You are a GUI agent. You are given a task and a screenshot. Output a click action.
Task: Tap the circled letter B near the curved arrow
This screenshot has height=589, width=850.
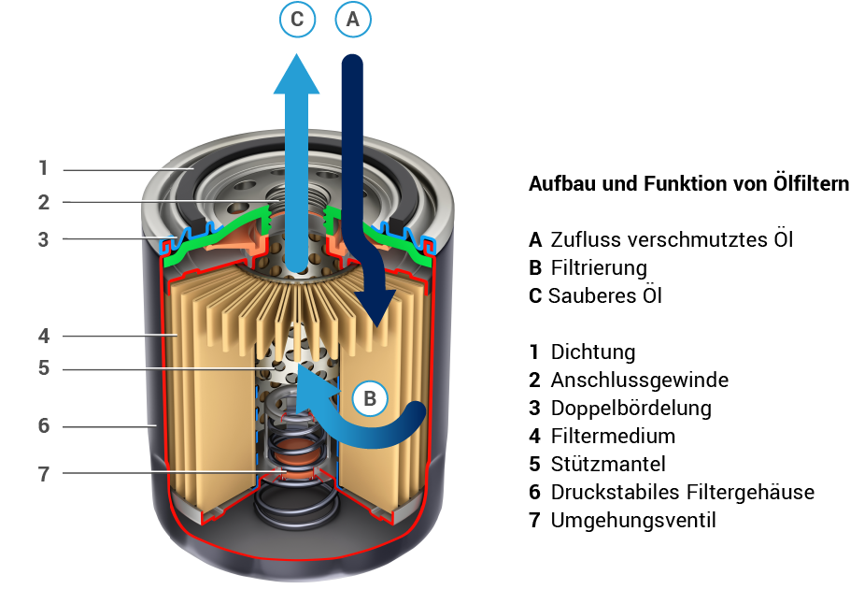tap(370, 399)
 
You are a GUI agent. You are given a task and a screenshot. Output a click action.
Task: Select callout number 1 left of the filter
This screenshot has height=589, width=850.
tap(43, 169)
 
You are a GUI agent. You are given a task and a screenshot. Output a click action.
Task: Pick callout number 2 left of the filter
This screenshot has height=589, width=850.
tap(43, 202)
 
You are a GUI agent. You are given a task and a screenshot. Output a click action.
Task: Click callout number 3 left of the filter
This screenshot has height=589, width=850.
tap(43, 239)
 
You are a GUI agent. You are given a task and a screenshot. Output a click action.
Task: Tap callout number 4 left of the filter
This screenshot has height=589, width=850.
tap(43, 335)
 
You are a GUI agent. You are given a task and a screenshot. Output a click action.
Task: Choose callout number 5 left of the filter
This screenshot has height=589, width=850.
tap(43, 368)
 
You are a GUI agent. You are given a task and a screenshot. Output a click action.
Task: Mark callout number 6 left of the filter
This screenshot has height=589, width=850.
tap(43, 426)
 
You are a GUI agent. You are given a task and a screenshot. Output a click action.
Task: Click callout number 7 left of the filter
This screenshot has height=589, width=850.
tap(43, 473)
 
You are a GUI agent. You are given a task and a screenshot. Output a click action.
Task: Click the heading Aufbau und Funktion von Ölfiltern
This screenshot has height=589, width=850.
tap(688, 184)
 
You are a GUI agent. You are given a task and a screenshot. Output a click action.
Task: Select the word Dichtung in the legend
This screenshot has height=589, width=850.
tap(593, 352)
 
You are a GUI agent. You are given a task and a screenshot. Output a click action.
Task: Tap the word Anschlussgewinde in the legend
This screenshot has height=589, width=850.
tap(639, 381)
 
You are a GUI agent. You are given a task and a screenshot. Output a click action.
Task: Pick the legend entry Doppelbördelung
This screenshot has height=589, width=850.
tap(630, 409)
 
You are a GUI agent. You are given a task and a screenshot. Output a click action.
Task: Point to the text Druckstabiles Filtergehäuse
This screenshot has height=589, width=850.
tap(682, 492)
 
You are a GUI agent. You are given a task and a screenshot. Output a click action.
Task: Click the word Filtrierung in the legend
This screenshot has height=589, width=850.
tap(599, 268)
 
